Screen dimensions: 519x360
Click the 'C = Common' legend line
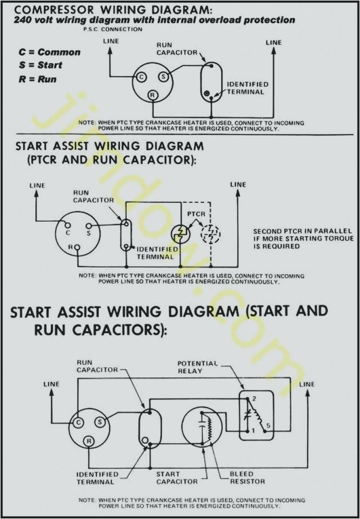coord(49,52)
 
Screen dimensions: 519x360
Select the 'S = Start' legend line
coord(41,65)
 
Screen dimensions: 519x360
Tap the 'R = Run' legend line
coord(37,79)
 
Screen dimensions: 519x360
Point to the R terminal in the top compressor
coord(153,95)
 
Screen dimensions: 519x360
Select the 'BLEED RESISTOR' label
coord(248,478)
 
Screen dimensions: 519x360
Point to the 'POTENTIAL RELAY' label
coord(197,367)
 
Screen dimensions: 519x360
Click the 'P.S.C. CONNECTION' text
coord(114,29)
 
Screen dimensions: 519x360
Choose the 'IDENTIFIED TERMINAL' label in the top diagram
coord(247,88)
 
